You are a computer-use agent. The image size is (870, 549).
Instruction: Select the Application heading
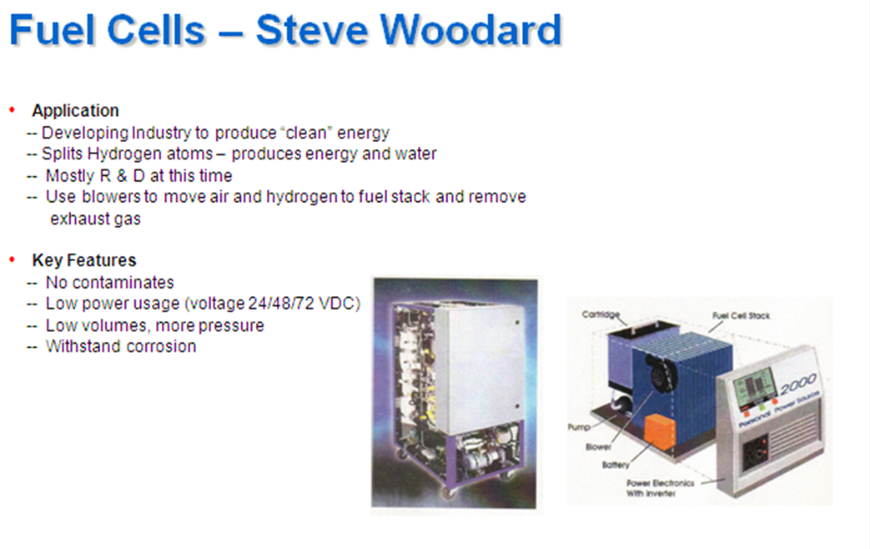[x=75, y=110]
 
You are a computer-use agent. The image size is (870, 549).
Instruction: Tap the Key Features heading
[x=84, y=259]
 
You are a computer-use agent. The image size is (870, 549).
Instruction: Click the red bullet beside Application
[x=13, y=110]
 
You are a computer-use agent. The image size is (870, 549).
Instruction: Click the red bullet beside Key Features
[x=13, y=259]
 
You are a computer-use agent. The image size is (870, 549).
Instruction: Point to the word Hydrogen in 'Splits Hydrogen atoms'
[x=150, y=154]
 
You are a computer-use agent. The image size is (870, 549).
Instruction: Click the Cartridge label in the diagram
[x=601, y=315]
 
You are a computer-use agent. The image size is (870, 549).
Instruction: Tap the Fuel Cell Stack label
[x=742, y=315]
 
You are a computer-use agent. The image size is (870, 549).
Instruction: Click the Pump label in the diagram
[x=579, y=427]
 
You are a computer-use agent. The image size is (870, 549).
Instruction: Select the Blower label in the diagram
[x=598, y=446]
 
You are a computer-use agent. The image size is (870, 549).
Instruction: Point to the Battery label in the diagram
[x=616, y=465]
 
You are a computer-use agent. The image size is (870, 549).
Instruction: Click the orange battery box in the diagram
[x=660, y=432]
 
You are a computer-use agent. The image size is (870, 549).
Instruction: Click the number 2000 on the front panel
[x=798, y=383]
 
